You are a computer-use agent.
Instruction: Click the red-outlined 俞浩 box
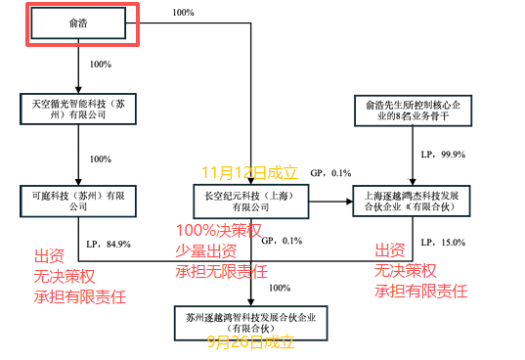[79, 23]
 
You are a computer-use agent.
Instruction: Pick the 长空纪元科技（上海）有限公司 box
[253, 202]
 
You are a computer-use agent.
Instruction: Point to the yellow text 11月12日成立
[249, 172]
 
